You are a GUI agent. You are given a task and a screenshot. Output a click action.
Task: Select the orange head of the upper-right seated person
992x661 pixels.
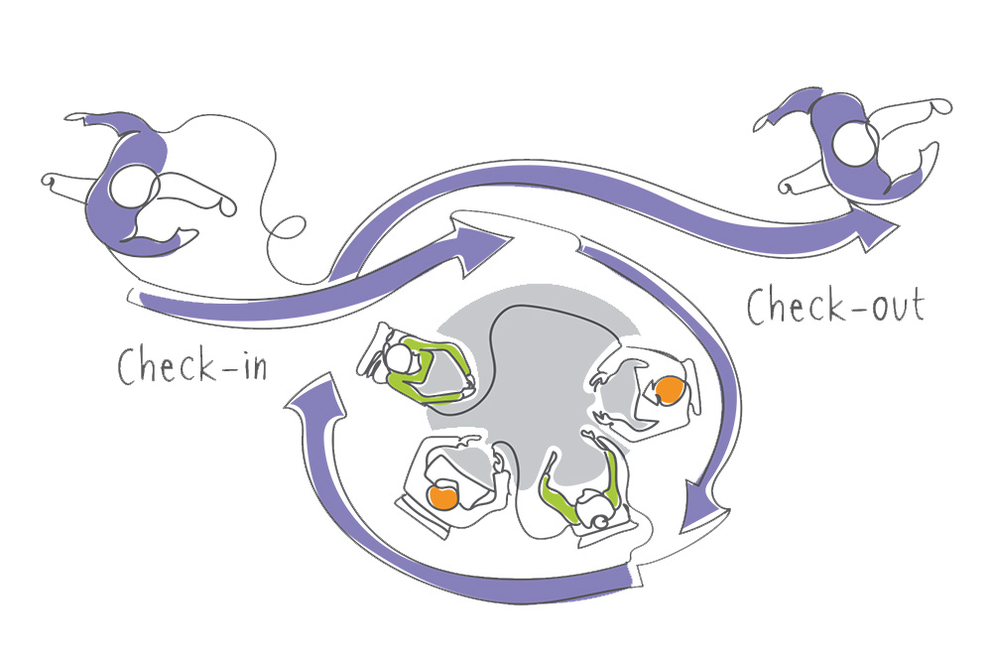(671, 389)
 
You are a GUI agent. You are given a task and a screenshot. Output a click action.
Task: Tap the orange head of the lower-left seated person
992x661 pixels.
(443, 495)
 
